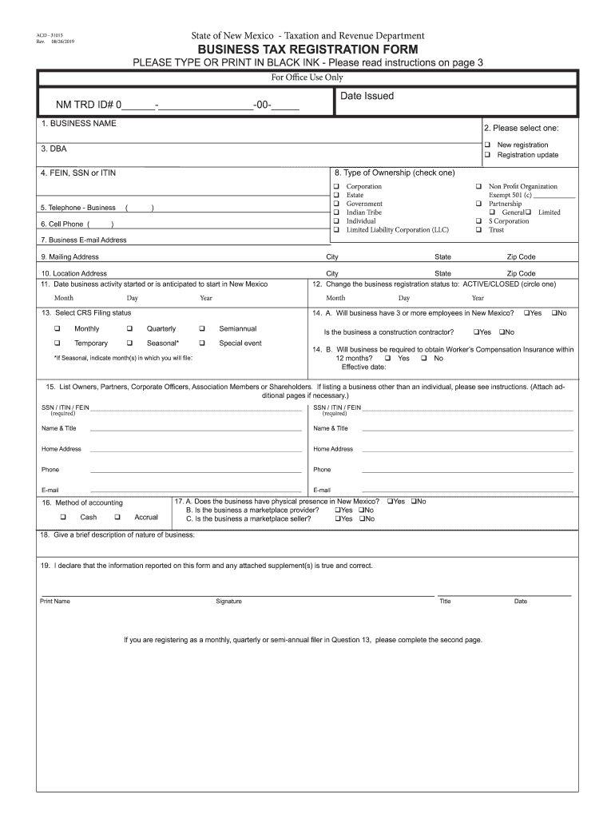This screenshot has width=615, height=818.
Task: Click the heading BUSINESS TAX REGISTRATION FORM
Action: [307, 50]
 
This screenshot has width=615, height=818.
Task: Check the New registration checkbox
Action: [487, 145]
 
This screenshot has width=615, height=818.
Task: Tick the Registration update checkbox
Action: [487, 155]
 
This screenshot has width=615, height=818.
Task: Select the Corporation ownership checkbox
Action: [336, 187]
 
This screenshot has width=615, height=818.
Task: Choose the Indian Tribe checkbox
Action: [336, 212]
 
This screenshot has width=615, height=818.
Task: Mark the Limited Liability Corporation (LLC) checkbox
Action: [336, 230]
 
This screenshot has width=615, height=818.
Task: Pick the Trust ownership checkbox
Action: [479, 230]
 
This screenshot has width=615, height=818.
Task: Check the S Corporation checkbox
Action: [479, 221]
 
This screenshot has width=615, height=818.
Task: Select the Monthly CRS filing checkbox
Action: [58, 329]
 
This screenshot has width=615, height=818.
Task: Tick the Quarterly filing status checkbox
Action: [129, 329]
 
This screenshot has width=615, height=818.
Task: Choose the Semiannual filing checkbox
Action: [202, 329]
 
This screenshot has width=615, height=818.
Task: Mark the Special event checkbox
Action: [202, 343]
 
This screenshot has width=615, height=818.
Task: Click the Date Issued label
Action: [367, 96]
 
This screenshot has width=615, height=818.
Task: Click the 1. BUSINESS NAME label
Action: [79, 124]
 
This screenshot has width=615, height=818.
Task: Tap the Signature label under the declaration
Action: [228, 602]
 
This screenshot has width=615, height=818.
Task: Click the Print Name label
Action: [55, 602]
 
